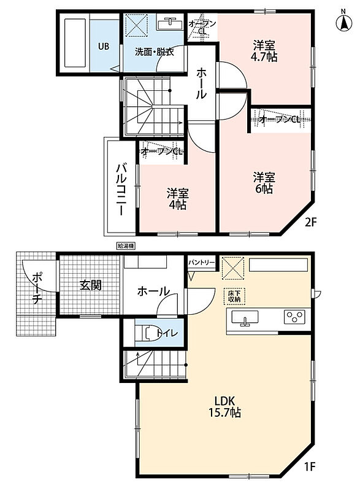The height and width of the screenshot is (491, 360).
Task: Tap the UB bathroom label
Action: point(104,47)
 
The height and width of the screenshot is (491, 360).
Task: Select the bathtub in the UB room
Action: point(75,43)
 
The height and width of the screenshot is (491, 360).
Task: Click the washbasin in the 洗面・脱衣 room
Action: point(169,23)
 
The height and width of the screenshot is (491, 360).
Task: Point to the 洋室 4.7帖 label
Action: point(264,52)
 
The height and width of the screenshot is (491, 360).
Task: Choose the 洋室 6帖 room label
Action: point(264,183)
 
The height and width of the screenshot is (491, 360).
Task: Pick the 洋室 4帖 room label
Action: point(177,199)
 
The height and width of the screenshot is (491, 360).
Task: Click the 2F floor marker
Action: point(311,222)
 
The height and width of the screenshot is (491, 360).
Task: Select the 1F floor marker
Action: point(310,467)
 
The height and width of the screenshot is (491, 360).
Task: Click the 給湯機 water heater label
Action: point(126,246)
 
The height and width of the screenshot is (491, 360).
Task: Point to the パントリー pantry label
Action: point(202,263)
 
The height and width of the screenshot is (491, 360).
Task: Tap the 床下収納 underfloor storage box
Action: point(234,296)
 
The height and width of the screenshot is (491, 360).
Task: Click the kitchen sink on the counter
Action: point(245,318)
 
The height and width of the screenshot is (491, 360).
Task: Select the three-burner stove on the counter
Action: point(294,317)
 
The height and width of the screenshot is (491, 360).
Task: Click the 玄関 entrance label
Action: point(90,285)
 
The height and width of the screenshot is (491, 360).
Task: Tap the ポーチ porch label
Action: point(37,288)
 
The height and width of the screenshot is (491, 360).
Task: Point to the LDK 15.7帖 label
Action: point(224,406)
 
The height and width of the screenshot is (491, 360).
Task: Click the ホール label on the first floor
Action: point(153,292)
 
